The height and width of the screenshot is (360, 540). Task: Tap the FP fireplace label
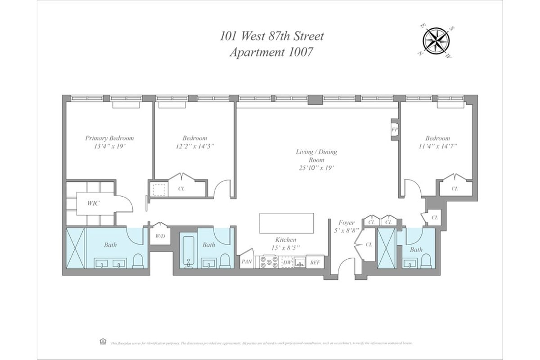(395, 130)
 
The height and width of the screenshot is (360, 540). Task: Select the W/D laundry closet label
(160, 236)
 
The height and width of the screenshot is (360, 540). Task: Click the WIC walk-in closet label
(94, 203)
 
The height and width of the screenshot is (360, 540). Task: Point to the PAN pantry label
(246, 261)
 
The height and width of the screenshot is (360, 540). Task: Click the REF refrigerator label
(315, 261)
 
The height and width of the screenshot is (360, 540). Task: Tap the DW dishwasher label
(286, 261)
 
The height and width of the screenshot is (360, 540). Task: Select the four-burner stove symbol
(269, 261)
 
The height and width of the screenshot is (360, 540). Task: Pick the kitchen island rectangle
(287, 223)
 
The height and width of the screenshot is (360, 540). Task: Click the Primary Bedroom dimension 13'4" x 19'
(109, 146)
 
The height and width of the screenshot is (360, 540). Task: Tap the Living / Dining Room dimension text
(316, 167)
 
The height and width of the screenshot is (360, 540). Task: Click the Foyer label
(346, 223)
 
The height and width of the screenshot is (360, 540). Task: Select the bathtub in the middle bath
(188, 252)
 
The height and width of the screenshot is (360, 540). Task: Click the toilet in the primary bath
(138, 261)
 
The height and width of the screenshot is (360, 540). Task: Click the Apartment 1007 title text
(271, 52)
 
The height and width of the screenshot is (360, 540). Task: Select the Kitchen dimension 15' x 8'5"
(286, 248)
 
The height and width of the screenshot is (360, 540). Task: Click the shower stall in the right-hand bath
(386, 248)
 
